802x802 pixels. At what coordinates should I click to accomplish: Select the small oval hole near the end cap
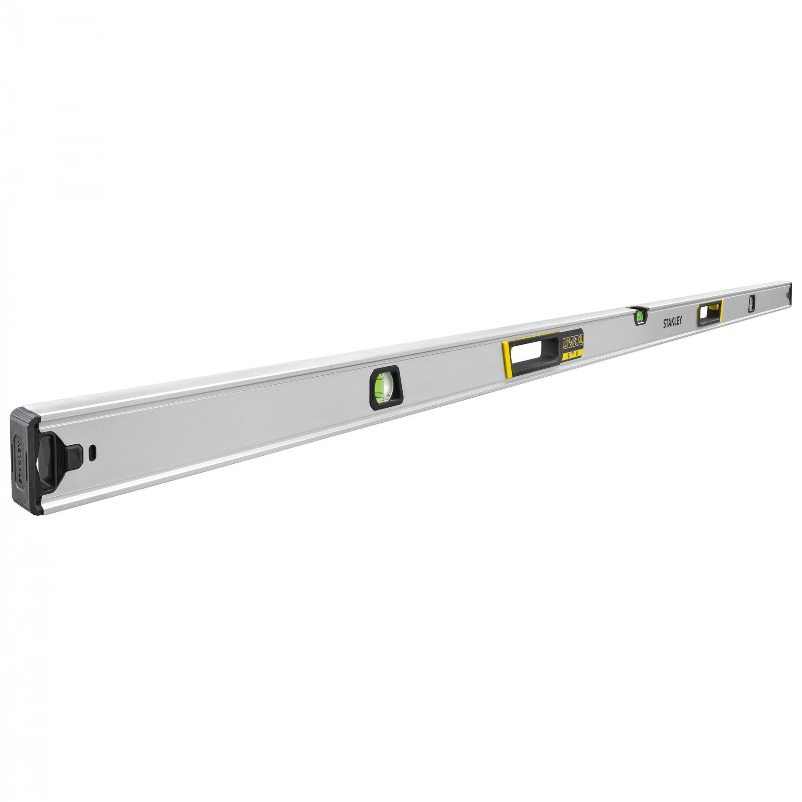93,451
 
